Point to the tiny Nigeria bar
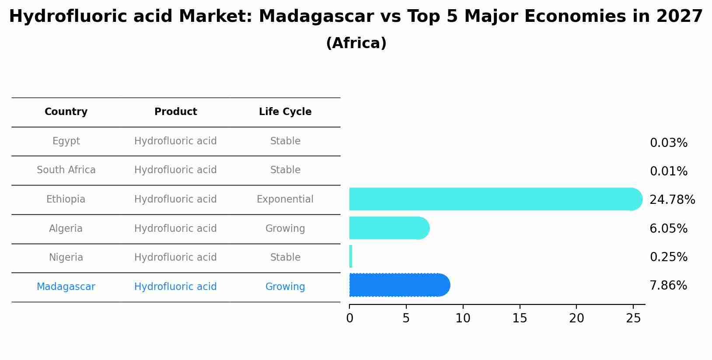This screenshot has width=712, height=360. tap(351, 256)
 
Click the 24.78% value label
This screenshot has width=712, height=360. tap(672, 200)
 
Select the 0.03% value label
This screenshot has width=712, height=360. tap(668, 143)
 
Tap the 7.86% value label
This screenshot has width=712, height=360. tap(668, 286)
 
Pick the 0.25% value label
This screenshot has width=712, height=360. tap(668, 257)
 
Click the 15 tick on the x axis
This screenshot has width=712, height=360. tap(520, 318)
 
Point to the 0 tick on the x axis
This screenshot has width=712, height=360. tap(349, 318)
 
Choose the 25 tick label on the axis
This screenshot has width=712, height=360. tap(633, 318)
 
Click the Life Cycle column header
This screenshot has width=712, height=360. tap(285, 112)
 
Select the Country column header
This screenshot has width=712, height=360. tap(66, 112)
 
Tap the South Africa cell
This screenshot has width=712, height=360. tap(66, 170)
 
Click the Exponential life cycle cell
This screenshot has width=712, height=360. tap(285, 199)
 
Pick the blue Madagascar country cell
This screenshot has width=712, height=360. tap(66, 287)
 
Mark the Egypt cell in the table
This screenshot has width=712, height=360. tap(66, 141)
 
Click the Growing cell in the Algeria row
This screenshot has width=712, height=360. tap(285, 228)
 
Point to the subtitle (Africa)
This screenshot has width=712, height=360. tap(356, 43)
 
